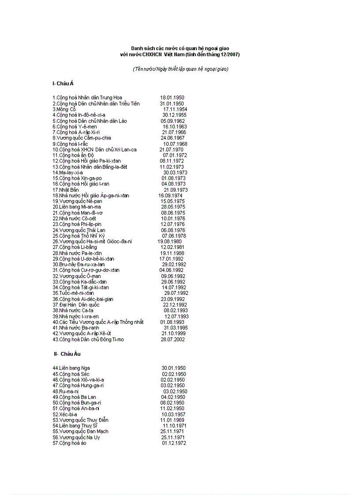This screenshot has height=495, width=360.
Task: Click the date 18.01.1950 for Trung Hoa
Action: (x=172, y=98)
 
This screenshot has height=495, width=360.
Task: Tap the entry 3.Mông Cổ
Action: (x=64, y=109)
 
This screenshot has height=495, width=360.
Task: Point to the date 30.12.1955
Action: (x=174, y=115)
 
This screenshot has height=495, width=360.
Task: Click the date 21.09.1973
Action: (x=176, y=190)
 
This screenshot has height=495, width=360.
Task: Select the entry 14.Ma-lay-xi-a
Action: (x=67, y=173)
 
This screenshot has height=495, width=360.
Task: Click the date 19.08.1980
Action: (x=169, y=242)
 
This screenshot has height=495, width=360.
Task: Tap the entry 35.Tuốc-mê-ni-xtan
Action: (x=73, y=293)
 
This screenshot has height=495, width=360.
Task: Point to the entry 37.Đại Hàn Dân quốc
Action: (x=76, y=305)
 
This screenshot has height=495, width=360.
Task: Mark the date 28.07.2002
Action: (x=173, y=339)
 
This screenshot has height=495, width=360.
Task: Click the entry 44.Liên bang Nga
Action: (x=71, y=368)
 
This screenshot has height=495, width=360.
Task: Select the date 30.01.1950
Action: (x=173, y=368)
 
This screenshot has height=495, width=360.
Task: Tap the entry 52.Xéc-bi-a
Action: (x=65, y=414)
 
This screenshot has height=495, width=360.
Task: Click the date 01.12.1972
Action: (x=174, y=443)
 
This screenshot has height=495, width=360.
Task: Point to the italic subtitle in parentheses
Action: (x=180, y=69)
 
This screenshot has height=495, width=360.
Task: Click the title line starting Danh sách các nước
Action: (x=180, y=48)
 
